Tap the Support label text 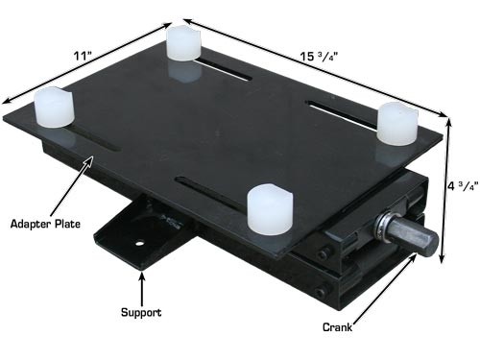click(141, 313)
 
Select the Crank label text click(338, 326)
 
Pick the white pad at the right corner click(396, 122)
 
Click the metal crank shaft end click(422, 239)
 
